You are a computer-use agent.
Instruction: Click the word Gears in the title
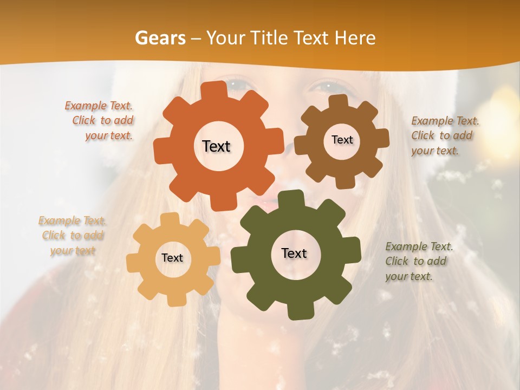(160, 38)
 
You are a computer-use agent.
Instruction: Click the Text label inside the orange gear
(216, 146)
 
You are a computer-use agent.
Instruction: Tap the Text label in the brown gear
(342, 140)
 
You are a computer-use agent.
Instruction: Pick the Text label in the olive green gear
(294, 253)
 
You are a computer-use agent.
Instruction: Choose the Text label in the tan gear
(172, 258)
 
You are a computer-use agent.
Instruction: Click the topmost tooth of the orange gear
(217, 90)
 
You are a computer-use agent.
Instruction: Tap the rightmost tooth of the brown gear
(382, 139)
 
